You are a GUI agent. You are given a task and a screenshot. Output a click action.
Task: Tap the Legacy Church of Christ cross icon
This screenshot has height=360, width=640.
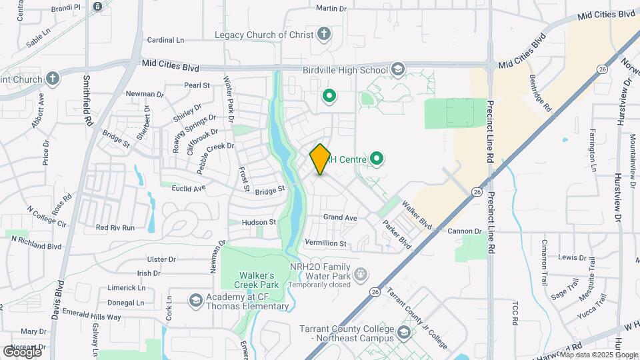tap(323, 34)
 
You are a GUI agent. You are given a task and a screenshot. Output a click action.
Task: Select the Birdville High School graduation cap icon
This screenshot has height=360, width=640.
tap(398, 69)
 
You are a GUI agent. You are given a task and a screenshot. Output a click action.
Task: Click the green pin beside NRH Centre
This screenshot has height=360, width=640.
tap(377, 159)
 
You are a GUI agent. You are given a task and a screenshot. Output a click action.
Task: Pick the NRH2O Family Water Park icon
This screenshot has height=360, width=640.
tap(361, 273)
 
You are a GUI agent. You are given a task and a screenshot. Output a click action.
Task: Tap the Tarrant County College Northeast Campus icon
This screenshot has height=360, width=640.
tap(404, 332)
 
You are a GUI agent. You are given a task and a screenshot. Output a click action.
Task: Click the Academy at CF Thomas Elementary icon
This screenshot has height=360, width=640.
tap(196, 301)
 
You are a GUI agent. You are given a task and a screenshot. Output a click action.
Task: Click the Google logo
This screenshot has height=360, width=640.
tap(22, 351)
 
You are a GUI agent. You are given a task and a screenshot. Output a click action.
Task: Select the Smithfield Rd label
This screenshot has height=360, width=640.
tap(87, 100)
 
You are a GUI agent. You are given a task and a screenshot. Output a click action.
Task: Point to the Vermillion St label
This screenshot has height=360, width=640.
tap(325, 244)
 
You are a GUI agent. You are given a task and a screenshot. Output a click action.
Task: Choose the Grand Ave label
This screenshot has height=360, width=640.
tap(340, 218)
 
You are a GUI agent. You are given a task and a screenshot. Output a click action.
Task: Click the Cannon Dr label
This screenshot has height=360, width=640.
tap(464, 231)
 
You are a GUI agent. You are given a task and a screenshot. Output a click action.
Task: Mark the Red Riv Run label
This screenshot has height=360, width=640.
tap(115, 227)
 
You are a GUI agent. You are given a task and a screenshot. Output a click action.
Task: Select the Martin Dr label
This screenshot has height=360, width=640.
tap(331, 9)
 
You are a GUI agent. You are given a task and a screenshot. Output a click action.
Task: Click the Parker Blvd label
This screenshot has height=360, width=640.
tap(397, 235)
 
